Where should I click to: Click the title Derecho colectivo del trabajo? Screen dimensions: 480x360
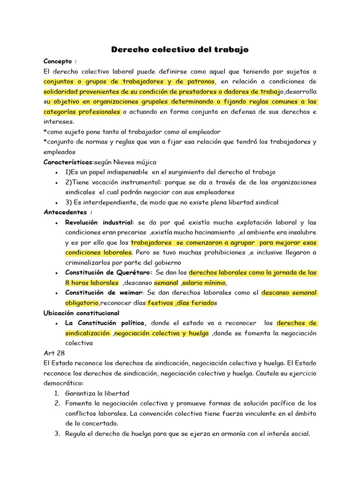pyautogui.click(x=180, y=49)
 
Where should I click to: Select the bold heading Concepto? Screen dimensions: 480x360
pyautogui.click(x=58, y=61)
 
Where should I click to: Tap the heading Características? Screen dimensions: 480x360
pyautogui.click(x=68, y=162)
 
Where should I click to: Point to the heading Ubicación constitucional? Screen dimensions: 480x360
pyautogui.click(x=81, y=313)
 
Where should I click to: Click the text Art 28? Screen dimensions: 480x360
pyautogui.click(x=54, y=353)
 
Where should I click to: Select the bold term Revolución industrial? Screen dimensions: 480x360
pyautogui.click(x=99, y=222)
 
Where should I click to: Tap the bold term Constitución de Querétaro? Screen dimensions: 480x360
pyautogui.click(x=108, y=272)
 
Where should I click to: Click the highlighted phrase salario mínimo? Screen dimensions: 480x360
pyautogui.click(x=204, y=283)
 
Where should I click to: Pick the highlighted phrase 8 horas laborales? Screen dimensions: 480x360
pyautogui.click(x=92, y=283)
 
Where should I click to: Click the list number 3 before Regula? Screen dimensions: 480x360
pyautogui.click(x=57, y=434)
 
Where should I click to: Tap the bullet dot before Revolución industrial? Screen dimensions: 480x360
pyautogui.click(x=57, y=223)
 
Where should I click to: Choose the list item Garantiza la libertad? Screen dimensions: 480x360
pyautogui.click(x=97, y=393)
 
